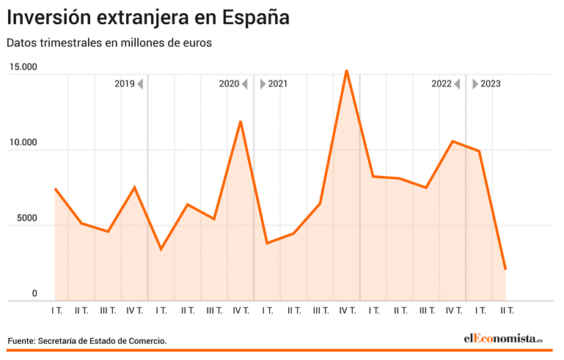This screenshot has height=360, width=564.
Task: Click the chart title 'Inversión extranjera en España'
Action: pos(148,17)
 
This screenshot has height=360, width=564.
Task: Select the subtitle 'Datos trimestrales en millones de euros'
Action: pos(109,43)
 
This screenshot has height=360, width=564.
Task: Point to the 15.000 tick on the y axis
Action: pos(23,67)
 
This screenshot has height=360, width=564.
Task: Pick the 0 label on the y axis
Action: pos(34,293)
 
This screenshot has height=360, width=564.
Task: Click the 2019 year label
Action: pos(125,84)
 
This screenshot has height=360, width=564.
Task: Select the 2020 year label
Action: pos(230,84)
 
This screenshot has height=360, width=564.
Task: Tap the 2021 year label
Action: pos(278,84)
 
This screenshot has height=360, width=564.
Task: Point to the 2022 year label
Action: pos(442,84)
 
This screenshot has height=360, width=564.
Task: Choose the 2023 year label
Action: pos(491,84)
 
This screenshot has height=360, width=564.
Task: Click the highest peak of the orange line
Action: pos(346,70)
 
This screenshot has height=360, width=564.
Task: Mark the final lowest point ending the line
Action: pos(505,269)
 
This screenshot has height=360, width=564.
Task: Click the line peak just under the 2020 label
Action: pos(241,122)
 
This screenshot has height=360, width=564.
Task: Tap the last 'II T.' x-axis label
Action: pos(506,311)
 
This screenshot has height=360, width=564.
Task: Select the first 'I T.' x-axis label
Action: pos(56,311)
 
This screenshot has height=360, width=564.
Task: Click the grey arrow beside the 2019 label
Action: pos(140,84)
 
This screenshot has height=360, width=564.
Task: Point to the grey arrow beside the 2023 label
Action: pos(475,84)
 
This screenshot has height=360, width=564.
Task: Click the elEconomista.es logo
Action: pos(502,338)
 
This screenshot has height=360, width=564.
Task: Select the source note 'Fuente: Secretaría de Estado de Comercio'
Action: pos(87,341)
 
